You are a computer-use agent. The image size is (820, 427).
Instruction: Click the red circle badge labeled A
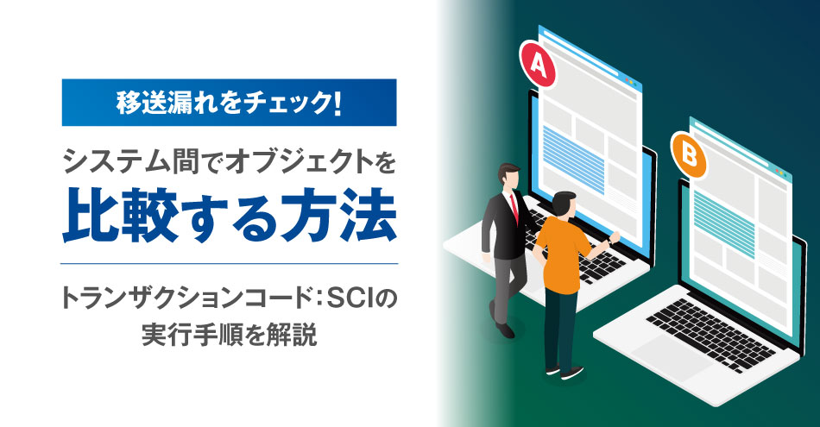tap(537, 63)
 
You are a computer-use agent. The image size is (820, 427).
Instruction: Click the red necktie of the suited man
tap(514, 206)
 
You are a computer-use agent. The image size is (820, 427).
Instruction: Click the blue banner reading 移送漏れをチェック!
tap(229, 103)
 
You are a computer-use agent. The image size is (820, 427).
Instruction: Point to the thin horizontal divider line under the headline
tap(229, 263)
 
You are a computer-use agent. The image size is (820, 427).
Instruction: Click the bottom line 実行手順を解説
tap(229, 335)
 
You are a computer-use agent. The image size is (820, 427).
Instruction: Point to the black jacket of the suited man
tap(503, 226)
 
